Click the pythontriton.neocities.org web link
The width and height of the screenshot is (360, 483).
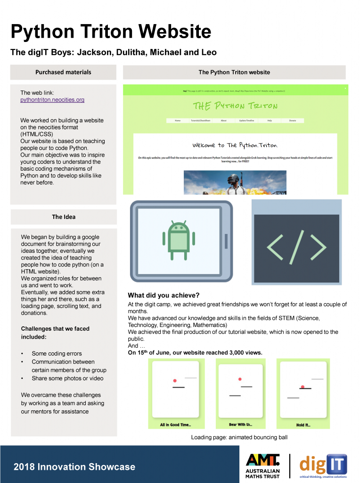tap(52, 100)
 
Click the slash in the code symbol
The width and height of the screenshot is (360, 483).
tap(297, 249)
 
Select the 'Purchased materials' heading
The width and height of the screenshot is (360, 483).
tap(63, 72)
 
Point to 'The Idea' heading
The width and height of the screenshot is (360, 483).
tap(64, 217)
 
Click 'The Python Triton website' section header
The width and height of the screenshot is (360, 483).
tap(234, 72)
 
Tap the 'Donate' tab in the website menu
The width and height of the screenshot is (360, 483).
tap(293, 121)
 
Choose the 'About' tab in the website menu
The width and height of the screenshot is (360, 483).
tap(223, 121)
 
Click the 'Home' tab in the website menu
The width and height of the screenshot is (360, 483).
tap(178, 121)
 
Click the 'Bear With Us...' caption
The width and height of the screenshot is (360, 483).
tap(240, 425)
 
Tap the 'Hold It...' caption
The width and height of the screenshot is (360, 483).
tap(303, 425)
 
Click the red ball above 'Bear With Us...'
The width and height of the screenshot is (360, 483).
tap(240, 379)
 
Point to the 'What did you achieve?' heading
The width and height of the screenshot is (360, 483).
tap(164, 295)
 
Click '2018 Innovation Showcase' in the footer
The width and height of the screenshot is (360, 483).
tap(74, 467)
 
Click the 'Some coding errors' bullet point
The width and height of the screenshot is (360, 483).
tap(57, 354)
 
